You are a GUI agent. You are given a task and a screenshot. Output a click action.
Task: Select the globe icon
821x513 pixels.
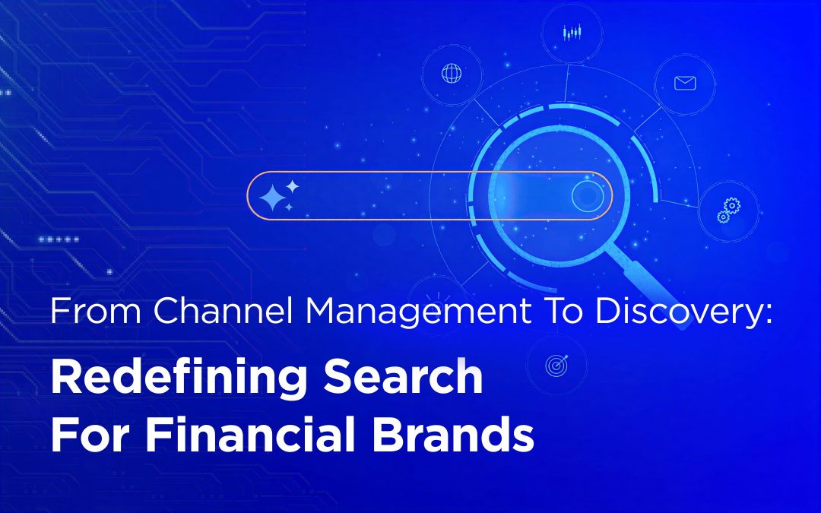click(452, 74)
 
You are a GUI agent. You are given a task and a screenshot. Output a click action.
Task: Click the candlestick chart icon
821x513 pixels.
click(571, 33)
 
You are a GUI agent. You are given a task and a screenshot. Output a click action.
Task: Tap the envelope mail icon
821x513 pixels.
click(685, 83)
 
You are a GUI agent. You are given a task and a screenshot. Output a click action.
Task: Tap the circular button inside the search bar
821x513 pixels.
click(587, 196)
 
